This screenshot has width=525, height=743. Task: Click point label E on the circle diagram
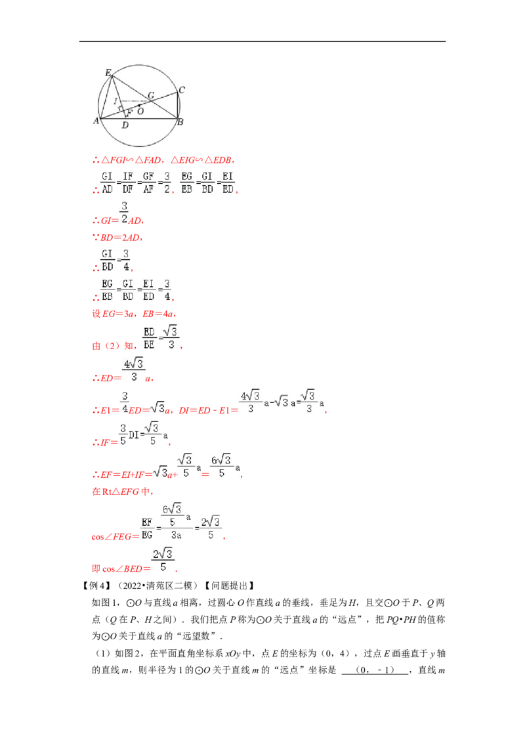(x=108, y=72)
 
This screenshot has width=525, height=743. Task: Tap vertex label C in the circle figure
(x=182, y=89)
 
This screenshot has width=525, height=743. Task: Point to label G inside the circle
(x=151, y=95)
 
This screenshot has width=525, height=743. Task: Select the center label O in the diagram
(x=140, y=112)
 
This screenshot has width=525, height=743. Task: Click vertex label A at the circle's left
(x=96, y=120)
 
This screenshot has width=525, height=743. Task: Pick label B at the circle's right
(x=180, y=122)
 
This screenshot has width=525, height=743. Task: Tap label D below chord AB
(x=125, y=125)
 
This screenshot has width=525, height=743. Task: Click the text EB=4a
(x=159, y=314)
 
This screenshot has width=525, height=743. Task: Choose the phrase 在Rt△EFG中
(x=122, y=492)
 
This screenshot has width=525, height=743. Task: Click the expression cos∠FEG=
(x=115, y=536)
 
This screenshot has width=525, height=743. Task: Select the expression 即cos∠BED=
(x=121, y=568)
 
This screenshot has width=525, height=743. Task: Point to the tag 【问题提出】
(x=230, y=585)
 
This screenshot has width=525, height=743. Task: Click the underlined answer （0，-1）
(x=375, y=670)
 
